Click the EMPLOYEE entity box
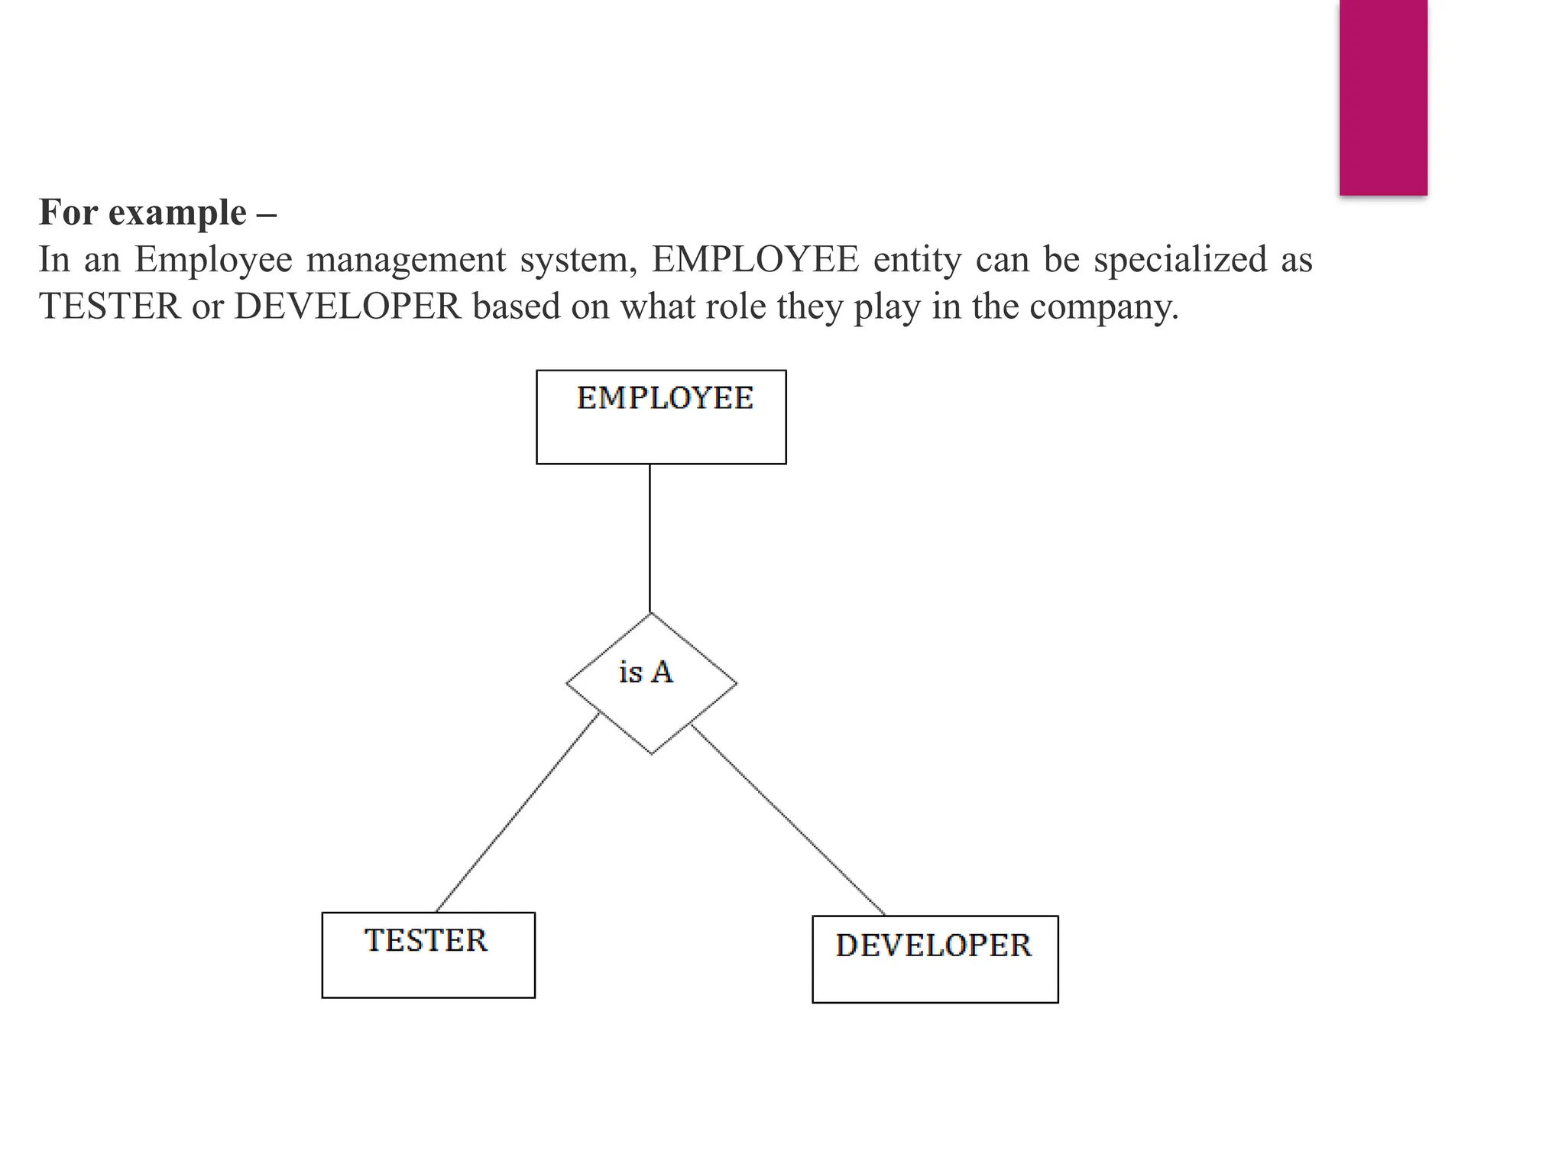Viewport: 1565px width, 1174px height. pos(661,417)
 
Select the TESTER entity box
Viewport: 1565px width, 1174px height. pos(428,955)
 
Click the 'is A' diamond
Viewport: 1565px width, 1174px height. pos(651,683)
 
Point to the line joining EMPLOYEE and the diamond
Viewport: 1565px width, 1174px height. pos(650,538)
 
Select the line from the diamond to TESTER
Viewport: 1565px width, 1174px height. pos(517,812)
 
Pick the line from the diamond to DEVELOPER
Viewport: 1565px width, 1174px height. pos(788,819)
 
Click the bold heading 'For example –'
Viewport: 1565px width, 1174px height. pos(158,212)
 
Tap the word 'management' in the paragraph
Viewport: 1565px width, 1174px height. pos(406,259)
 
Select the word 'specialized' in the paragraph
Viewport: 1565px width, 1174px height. pos(1181,259)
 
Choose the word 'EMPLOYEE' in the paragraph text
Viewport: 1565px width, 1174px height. pos(755,259)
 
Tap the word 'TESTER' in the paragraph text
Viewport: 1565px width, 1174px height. pos(110,306)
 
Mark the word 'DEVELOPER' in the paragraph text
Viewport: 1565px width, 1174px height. pos(348,306)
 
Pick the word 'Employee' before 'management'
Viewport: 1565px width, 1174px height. pos(213,259)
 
